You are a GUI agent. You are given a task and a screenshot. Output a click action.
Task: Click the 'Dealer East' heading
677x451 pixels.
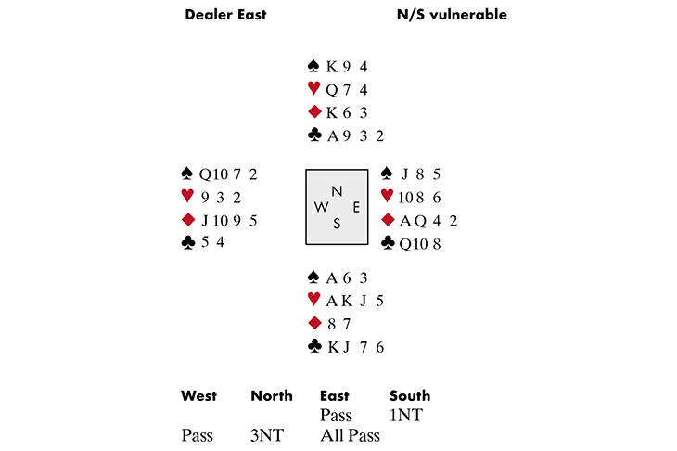[226, 15]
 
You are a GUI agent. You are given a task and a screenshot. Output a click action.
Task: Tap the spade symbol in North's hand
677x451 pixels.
[313, 66]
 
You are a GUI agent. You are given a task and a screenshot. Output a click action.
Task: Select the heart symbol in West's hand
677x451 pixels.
[188, 197]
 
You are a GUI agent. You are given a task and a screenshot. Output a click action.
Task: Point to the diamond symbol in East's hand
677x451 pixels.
[388, 220]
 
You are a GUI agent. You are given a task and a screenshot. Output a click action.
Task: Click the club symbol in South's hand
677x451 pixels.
[313, 346]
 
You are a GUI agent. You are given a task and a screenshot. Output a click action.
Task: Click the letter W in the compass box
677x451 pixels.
[323, 206]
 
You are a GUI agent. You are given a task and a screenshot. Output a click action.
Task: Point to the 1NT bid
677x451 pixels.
[406, 415]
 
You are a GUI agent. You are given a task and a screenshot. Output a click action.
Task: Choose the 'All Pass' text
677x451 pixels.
[349, 433]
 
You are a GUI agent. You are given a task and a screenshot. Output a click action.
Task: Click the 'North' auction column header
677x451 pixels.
[271, 396]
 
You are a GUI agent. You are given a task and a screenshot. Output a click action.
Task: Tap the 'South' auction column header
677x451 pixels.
[409, 396]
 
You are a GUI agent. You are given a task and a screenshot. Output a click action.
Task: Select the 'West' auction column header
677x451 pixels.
[198, 396]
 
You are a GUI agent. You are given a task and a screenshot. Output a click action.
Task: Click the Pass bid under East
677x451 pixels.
[335, 415]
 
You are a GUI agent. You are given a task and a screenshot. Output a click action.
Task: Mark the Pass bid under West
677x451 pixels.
[197, 433]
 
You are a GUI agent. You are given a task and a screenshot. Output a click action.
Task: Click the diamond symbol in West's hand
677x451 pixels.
[188, 220]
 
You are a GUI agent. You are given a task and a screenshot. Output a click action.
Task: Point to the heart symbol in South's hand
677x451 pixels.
[313, 300]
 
